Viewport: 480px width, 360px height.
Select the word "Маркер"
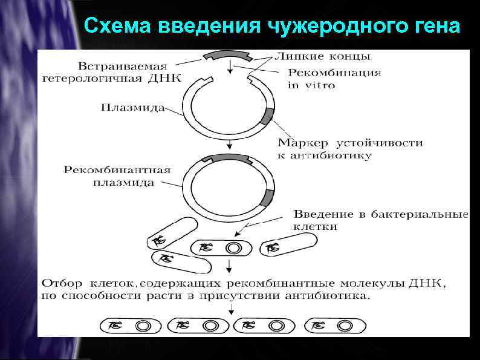tap(303, 143)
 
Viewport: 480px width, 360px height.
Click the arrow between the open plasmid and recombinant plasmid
tap(230, 145)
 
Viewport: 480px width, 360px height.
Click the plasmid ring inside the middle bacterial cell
tap(233, 247)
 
